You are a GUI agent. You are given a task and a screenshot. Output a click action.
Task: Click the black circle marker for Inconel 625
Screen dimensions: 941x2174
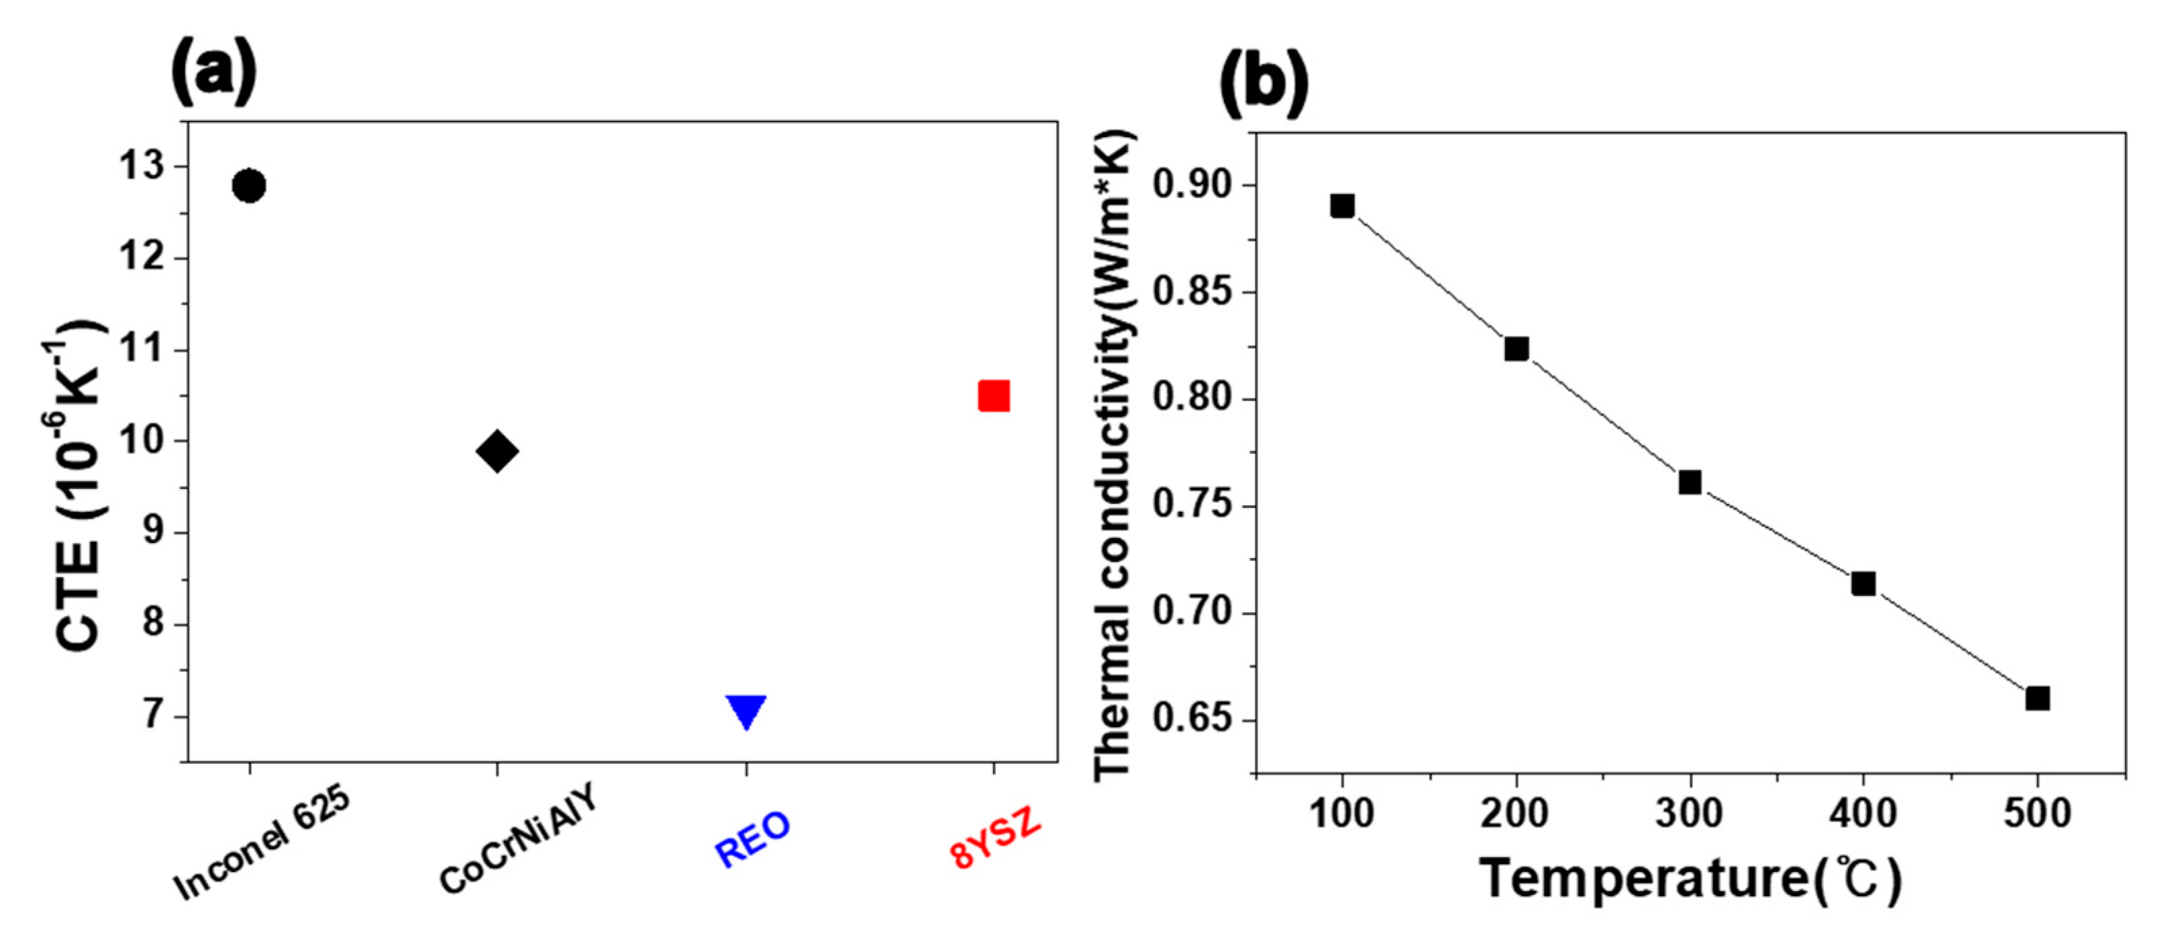tap(249, 185)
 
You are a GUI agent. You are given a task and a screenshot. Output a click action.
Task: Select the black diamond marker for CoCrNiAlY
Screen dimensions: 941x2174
tap(497, 451)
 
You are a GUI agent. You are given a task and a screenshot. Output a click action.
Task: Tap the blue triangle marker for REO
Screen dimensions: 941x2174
tap(746, 710)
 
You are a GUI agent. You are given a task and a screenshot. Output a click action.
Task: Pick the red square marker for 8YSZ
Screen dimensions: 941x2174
tap(993, 396)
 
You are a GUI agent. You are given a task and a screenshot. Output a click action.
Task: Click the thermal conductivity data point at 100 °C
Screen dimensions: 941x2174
tap(1342, 206)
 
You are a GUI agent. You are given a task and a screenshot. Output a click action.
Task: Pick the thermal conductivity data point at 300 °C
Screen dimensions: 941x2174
tap(1690, 482)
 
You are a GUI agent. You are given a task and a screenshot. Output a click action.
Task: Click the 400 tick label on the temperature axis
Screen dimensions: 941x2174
tap(1863, 813)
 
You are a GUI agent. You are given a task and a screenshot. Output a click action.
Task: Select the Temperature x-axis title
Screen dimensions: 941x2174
tap(1690, 879)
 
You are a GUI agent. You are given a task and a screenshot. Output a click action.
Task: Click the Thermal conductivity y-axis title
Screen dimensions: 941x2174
tap(1113, 456)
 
